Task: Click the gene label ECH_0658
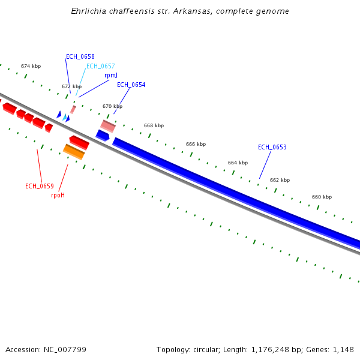80,56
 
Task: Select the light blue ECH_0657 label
100,66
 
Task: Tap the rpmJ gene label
111,76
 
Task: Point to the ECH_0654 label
131,85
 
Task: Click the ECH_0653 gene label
272,147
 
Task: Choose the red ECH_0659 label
40,186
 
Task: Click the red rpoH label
58,195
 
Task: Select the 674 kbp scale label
31,66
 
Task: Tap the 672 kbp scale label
71,86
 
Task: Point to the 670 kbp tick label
112,106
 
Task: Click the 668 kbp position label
154,125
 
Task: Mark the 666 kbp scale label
196,144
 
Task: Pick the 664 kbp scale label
238,163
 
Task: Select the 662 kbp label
280,180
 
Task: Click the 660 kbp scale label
322,197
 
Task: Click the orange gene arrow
74,152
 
